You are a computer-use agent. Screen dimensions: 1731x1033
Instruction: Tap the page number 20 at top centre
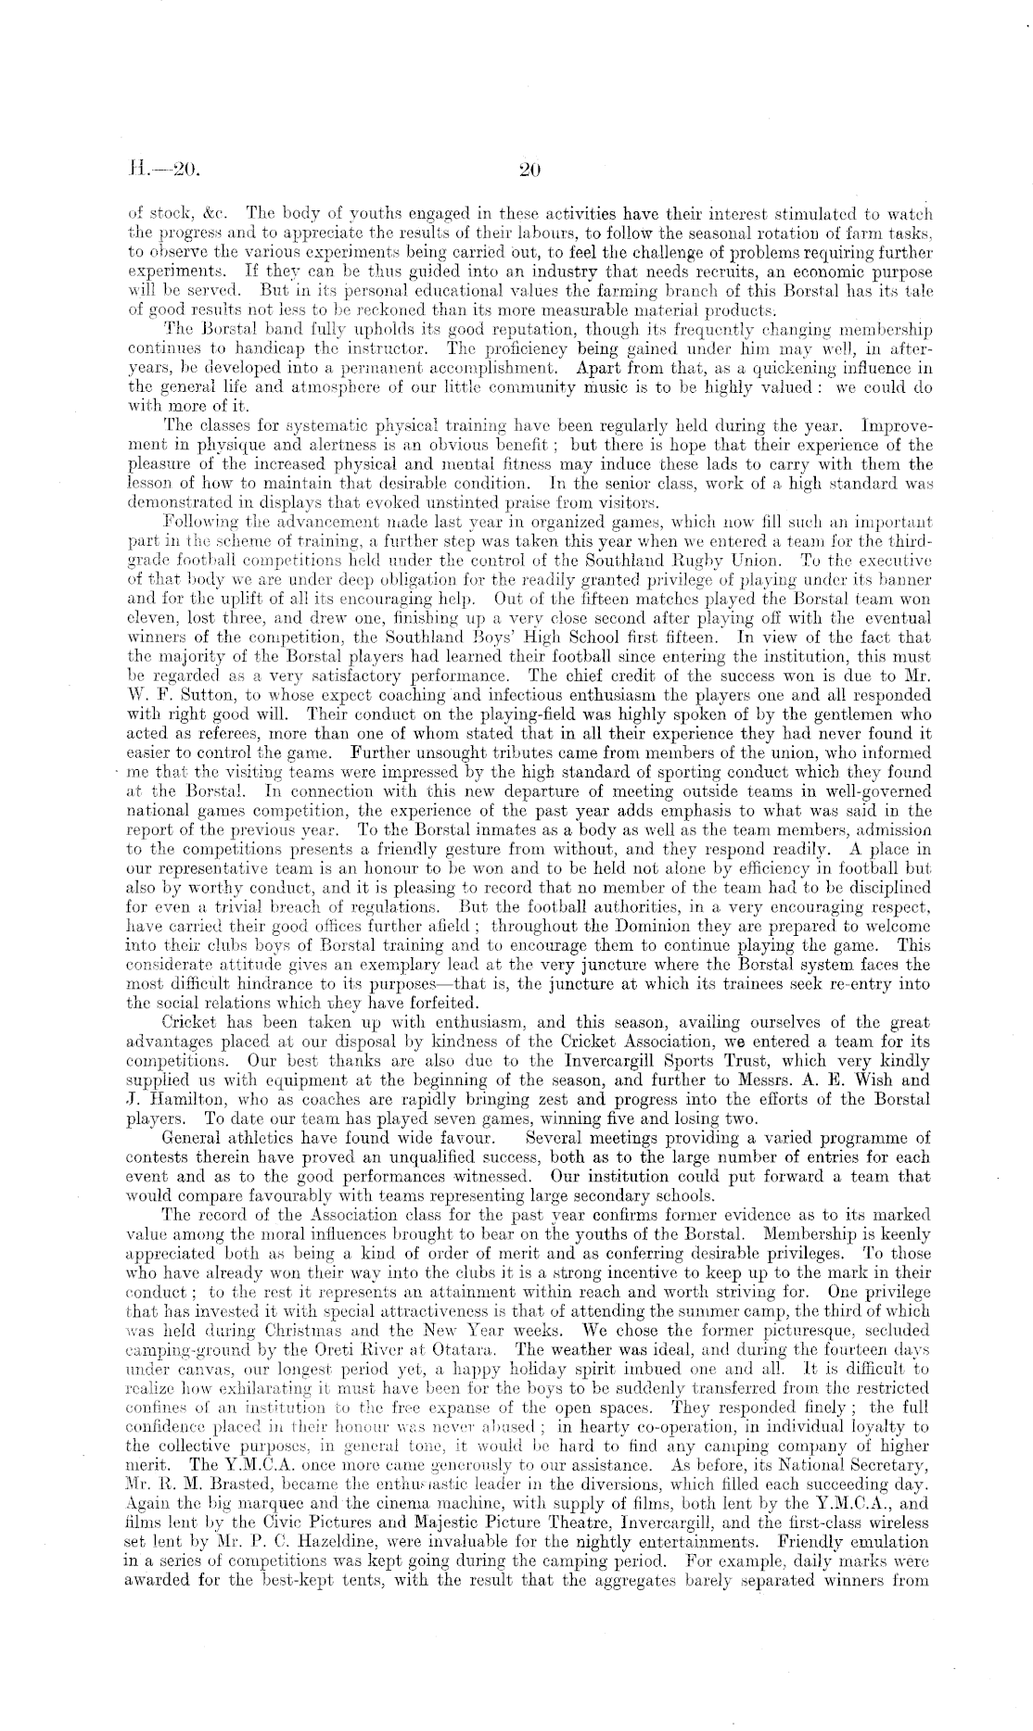point(529,170)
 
